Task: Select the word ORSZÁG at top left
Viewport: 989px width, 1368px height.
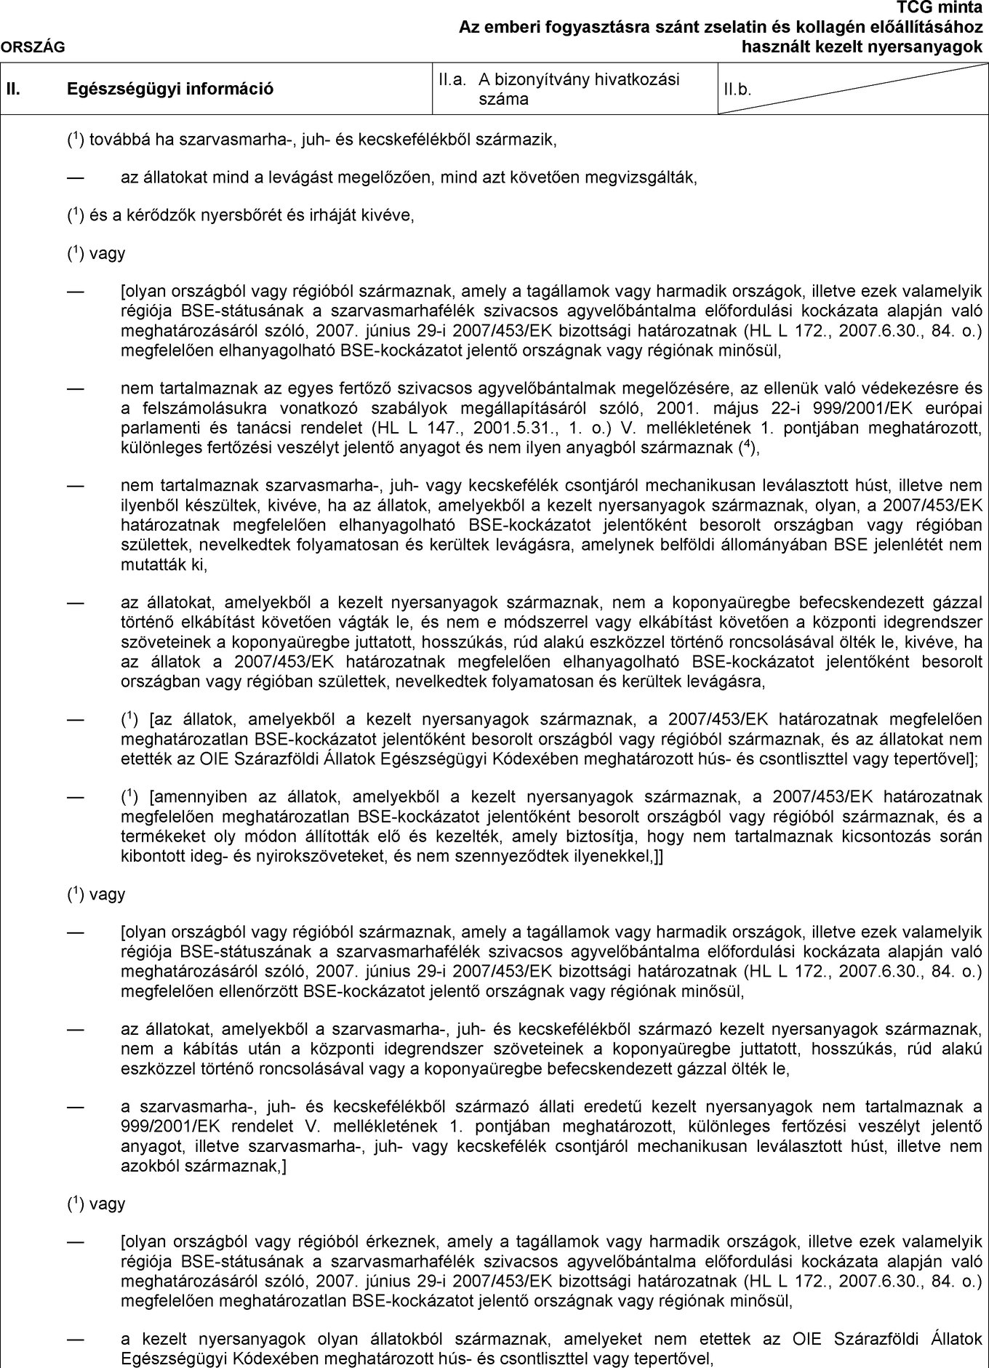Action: [33, 47]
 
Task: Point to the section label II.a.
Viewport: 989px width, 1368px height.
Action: [452, 79]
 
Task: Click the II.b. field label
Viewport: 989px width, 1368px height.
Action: [737, 90]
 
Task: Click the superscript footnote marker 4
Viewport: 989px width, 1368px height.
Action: [748, 442]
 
